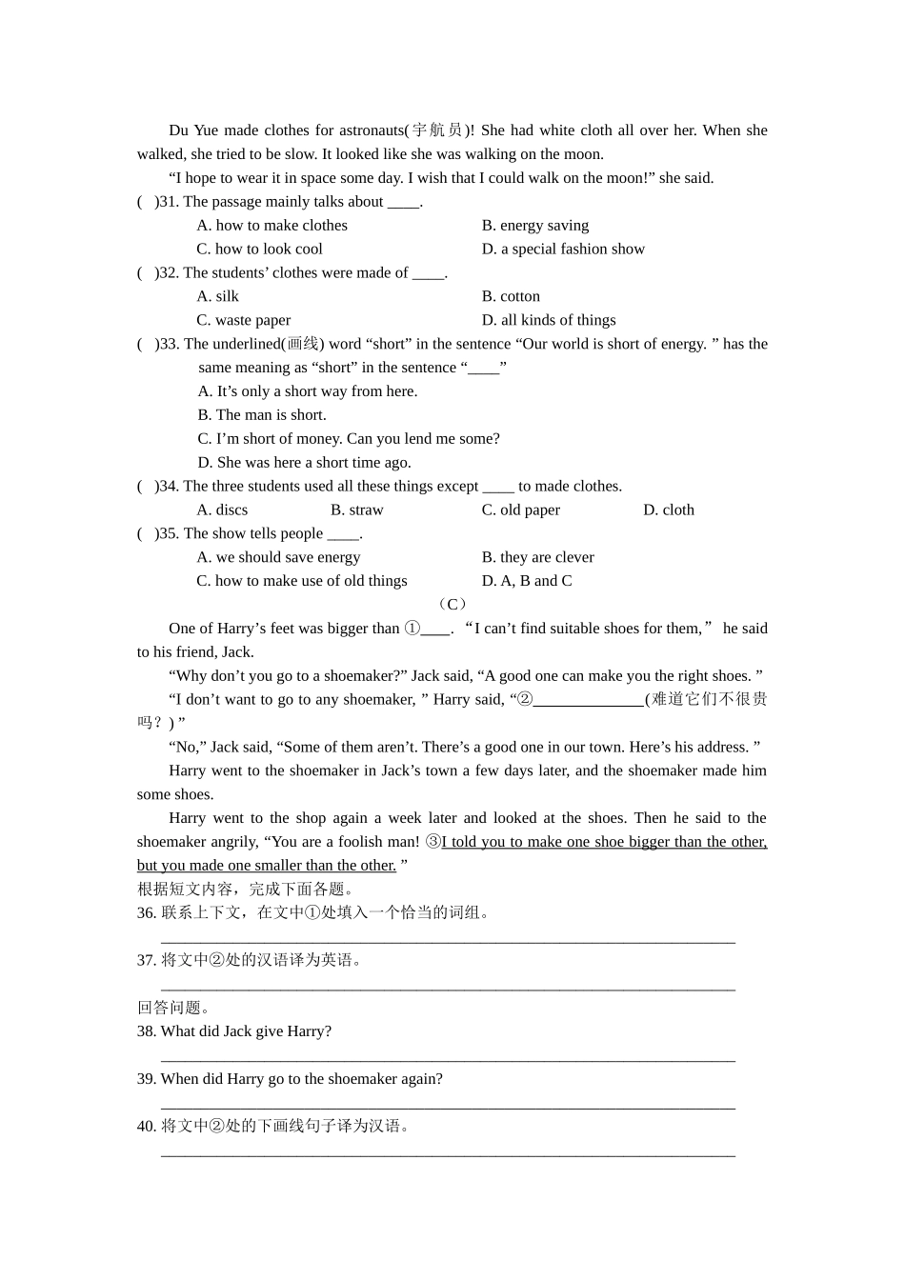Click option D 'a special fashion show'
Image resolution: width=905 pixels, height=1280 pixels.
(x=563, y=249)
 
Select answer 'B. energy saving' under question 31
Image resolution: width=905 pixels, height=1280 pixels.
(x=534, y=225)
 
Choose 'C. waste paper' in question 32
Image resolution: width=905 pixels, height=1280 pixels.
(x=243, y=320)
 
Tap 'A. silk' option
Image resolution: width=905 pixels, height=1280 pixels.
(x=217, y=296)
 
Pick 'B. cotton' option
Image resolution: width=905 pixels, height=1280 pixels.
(x=511, y=296)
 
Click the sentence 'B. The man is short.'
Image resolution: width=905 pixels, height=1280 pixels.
(x=262, y=414)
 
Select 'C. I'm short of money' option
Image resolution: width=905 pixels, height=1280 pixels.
(x=348, y=438)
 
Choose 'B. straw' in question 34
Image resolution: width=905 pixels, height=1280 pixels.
(x=356, y=510)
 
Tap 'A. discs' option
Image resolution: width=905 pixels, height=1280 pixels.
(x=222, y=510)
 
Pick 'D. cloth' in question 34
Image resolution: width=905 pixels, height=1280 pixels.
(x=668, y=510)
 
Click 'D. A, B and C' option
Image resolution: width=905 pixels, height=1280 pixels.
(x=527, y=581)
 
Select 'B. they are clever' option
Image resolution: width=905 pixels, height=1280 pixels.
(x=537, y=557)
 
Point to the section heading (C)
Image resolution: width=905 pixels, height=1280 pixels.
(x=452, y=604)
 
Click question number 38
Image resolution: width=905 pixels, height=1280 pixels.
(x=147, y=1031)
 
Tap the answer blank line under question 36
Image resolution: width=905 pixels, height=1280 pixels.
(x=448, y=939)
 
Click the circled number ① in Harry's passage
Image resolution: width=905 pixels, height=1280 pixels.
(x=412, y=629)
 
